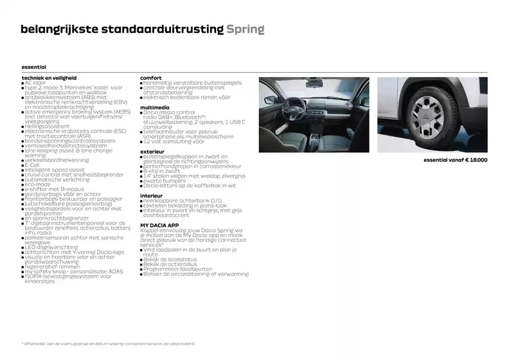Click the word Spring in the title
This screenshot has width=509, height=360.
click(x=245, y=30)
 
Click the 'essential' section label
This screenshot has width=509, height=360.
click(x=33, y=66)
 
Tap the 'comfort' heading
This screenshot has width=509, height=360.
click(x=150, y=78)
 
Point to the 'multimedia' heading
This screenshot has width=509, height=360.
click(x=155, y=107)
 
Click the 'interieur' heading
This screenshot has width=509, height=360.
click(x=152, y=194)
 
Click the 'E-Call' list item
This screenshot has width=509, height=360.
click(x=32, y=165)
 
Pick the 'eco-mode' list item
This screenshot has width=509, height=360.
click(x=38, y=185)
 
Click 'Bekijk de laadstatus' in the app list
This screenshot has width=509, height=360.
click(x=170, y=259)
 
